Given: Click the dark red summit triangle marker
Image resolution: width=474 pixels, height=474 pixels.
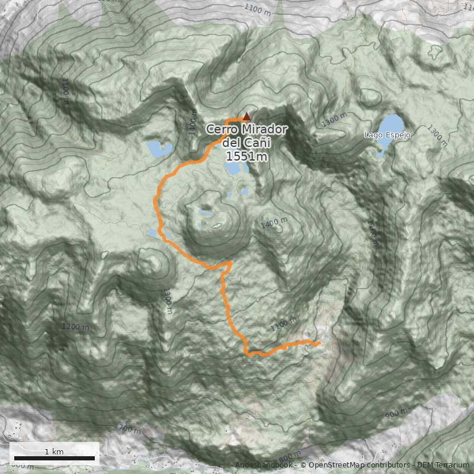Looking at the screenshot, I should (246, 117).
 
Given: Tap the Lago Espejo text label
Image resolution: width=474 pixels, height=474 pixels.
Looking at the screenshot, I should (387, 135).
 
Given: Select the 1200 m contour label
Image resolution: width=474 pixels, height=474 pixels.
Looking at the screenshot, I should (75, 327).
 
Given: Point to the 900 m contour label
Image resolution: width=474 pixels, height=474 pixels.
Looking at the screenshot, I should (395, 413).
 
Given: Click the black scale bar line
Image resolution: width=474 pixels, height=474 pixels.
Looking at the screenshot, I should (55, 458).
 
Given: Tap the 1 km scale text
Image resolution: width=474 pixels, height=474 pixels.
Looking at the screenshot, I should (54, 451).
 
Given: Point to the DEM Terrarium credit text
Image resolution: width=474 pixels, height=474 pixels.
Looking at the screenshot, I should (443, 465).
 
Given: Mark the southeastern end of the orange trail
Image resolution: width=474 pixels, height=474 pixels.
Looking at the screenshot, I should (318, 343).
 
